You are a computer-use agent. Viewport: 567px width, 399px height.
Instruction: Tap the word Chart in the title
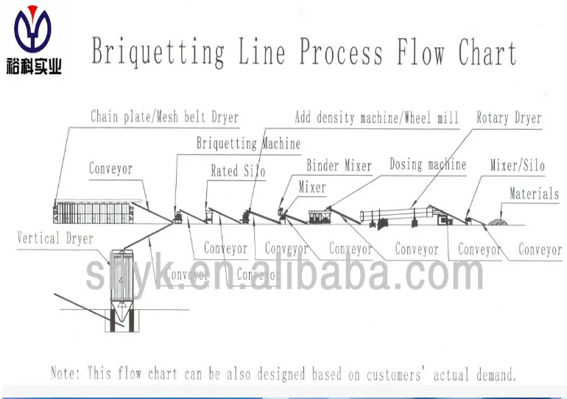[x=487, y=52]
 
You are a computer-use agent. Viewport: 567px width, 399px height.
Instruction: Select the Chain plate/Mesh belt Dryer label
[x=164, y=116]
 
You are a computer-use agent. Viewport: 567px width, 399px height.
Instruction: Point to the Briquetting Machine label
[x=248, y=144]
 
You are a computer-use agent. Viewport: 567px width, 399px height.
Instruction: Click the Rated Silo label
[x=238, y=171]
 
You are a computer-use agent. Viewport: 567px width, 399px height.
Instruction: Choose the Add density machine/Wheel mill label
[x=376, y=117]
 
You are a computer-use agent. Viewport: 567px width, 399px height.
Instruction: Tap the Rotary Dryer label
[x=509, y=117]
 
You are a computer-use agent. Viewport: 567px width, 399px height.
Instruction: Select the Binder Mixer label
[x=339, y=166]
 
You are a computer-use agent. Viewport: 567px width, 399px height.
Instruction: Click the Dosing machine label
[x=428, y=165]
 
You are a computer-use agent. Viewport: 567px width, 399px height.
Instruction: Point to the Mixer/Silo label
[x=518, y=166]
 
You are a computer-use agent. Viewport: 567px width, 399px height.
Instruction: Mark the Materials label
[x=535, y=194]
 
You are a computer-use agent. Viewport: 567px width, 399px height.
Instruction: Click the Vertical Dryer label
[x=55, y=238]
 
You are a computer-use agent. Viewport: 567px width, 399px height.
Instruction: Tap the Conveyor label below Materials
[x=540, y=249]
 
